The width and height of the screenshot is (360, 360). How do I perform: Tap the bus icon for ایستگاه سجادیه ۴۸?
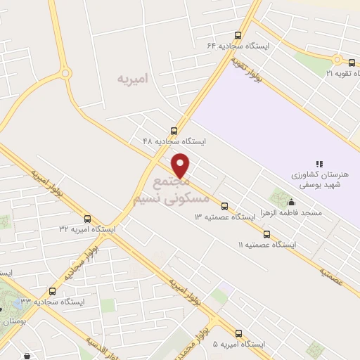point(174,130)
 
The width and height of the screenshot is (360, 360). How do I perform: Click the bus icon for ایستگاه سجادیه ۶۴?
point(238,35)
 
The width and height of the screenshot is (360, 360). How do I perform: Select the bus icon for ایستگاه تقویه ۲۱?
point(351,63)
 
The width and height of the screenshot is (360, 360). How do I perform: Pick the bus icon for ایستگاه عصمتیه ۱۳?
point(224,206)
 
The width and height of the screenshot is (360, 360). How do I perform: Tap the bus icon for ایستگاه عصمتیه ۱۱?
point(266,234)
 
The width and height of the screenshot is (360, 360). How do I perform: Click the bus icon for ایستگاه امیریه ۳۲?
point(87,219)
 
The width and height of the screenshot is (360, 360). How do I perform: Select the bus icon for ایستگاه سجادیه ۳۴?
point(52,291)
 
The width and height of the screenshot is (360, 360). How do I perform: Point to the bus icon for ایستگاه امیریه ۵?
point(238,334)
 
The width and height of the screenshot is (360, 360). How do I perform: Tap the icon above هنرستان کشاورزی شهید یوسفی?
point(319,164)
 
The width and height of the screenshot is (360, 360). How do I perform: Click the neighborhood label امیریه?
point(134,79)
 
